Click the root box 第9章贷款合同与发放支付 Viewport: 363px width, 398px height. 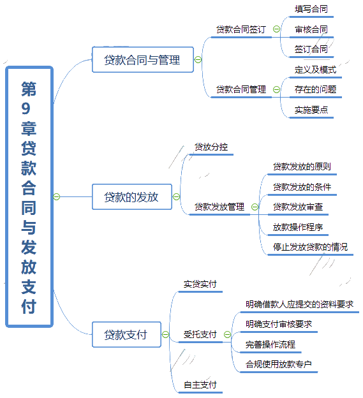[x=29, y=196]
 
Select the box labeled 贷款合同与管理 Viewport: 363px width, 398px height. [x=143, y=60]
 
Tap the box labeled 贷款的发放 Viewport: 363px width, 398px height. [x=132, y=196]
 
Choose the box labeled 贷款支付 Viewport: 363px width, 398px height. [x=126, y=334]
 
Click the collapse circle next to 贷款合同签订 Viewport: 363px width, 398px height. [x=276, y=29]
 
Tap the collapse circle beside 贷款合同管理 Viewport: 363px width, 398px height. [x=276, y=89]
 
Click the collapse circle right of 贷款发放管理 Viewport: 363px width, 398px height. [x=255, y=207]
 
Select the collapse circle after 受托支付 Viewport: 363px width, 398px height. [x=228, y=334]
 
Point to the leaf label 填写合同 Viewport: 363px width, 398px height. [x=311, y=9]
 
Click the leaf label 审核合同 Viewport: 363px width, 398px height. [x=311, y=29]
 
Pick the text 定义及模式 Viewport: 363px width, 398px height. [x=315, y=70]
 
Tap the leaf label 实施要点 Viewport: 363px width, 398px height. [x=311, y=110]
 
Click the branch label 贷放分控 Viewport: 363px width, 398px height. [x=211, y=147]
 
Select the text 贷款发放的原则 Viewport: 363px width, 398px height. [x=302, y=166]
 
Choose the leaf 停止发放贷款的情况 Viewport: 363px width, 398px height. [x=310, y=247]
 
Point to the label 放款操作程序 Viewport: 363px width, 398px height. [x=298, y=227]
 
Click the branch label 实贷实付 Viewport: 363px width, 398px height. [x=200, y=284]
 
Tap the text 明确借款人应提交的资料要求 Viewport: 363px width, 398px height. [x=299, y=304]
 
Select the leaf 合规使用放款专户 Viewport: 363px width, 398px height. [x=278, y=364]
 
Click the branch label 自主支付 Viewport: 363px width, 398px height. [x=200, y=385]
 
